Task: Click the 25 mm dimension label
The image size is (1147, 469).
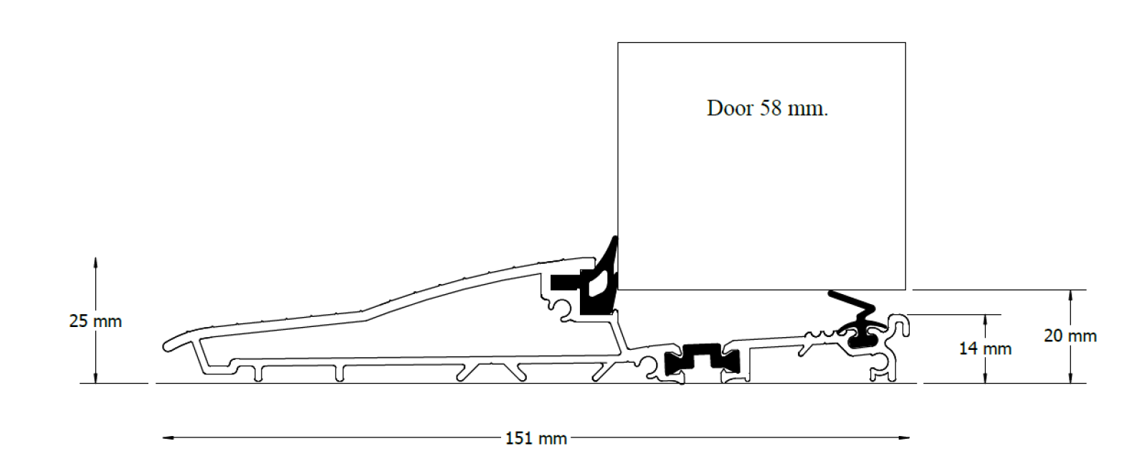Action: point(95,321)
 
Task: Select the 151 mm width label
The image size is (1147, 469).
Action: point(536,439)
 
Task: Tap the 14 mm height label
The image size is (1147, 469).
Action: point(985,349)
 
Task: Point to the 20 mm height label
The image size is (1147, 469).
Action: point(1070,336)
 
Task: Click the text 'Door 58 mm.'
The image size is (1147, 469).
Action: point(767,108)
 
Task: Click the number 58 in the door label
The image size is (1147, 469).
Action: point(771,108)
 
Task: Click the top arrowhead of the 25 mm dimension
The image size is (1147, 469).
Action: point(95,263)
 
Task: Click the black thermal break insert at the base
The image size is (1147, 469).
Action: point(702,358)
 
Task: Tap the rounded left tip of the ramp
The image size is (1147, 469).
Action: point(165,346)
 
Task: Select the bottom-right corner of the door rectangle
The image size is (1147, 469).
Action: point(905,290)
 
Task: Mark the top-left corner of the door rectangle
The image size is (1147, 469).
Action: point(618,43)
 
